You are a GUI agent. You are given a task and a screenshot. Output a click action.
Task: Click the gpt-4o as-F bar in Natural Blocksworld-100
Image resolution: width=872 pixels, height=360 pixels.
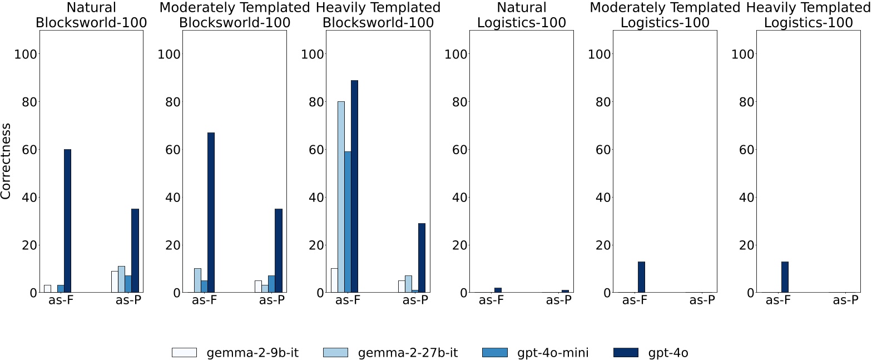67,221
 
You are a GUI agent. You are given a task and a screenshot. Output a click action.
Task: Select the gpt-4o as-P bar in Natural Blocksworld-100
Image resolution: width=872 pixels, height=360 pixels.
135,250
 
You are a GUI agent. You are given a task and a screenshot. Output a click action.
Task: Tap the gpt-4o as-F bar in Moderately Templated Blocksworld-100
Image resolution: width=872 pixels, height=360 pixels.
211,213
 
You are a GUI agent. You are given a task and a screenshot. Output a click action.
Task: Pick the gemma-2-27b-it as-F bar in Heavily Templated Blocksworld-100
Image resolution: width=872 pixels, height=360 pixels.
341,197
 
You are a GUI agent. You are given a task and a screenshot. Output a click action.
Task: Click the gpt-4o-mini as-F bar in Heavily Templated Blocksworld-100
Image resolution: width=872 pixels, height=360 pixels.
348,222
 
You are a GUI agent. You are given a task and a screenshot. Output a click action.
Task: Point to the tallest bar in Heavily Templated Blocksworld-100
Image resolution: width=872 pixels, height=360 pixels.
354,186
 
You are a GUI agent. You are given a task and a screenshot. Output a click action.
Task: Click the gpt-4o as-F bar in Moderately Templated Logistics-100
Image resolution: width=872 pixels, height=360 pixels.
641,277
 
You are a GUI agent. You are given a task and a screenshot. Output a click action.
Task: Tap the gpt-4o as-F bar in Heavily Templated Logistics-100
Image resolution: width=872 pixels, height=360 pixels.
785,277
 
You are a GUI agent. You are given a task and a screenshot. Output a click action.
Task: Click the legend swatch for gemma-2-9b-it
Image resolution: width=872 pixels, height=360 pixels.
184,352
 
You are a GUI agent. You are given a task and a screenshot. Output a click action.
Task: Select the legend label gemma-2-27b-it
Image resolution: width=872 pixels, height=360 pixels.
408,352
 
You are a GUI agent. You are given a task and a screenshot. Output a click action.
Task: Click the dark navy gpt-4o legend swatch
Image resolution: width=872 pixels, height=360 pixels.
625,352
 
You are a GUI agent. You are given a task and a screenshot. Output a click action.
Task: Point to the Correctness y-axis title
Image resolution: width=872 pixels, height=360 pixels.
7,161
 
